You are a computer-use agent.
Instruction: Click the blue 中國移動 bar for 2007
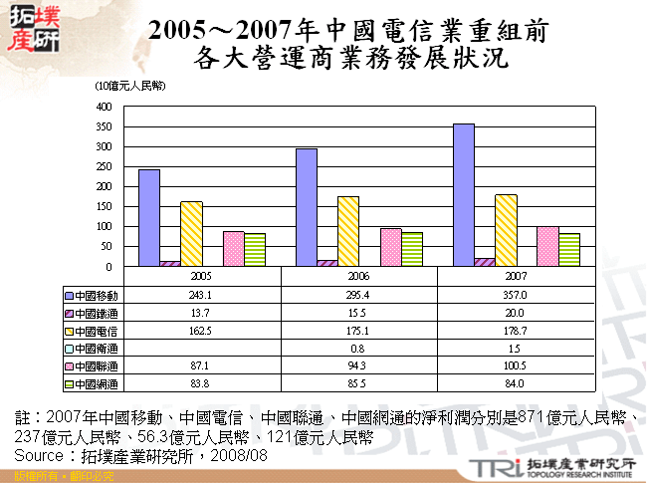(464, 195)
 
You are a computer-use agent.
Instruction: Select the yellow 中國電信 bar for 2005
(191, 234)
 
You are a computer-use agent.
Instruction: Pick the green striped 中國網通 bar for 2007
(569, 250)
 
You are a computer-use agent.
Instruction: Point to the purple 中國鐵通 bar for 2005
(170, 264)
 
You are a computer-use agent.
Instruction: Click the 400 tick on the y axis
(105, 107)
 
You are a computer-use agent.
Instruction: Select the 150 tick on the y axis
(105, 207)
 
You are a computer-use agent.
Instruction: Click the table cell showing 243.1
(201, 296)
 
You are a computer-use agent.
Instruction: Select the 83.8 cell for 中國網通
(201, 383)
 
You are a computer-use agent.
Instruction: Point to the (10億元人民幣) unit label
(130, 88)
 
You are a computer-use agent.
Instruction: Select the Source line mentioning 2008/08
(140, 454)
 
